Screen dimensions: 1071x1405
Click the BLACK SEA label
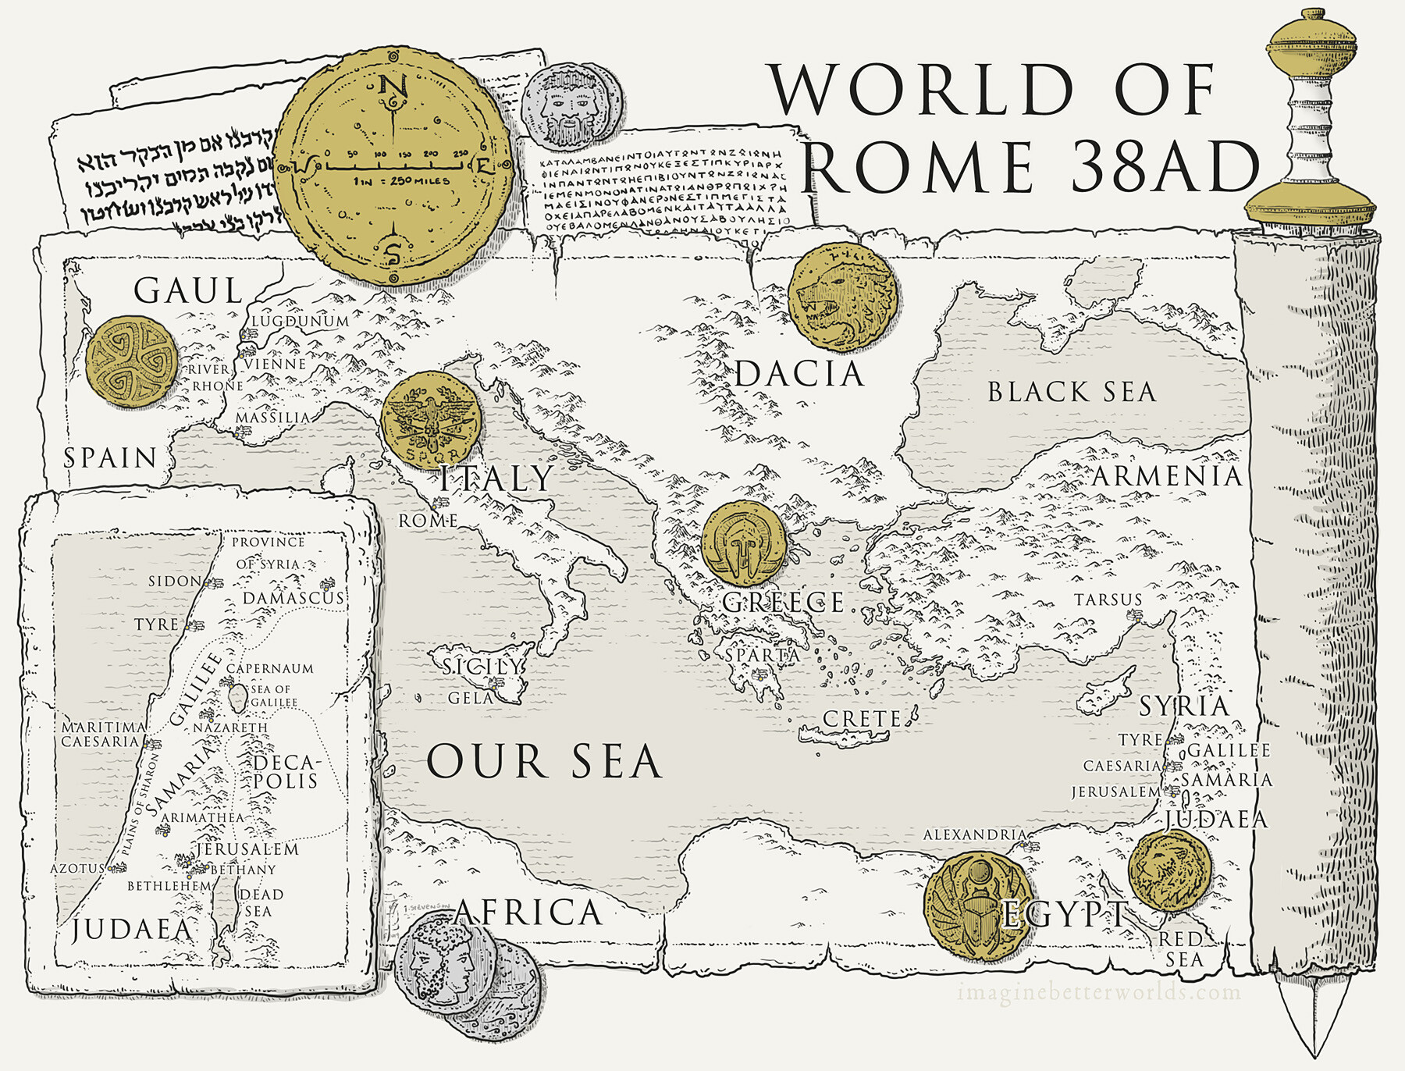[1071, 392]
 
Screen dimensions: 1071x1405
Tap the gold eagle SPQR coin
[431, 420]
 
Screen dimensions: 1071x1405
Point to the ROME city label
[428, 521]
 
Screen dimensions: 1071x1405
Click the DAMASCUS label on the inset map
[293, 599]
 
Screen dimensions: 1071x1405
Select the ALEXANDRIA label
[974, 835]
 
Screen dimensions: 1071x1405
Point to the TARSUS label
[1108, 600]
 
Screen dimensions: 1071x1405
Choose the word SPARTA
[762, 656]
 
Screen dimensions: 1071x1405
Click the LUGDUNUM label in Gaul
[300, 321]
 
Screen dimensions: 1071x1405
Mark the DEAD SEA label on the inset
[260, 903]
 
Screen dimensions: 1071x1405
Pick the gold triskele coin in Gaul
[131, 362]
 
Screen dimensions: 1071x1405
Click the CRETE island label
[862, 719]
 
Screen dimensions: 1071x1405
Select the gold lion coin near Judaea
[1168, 870]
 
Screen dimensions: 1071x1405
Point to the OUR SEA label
[544, 762]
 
